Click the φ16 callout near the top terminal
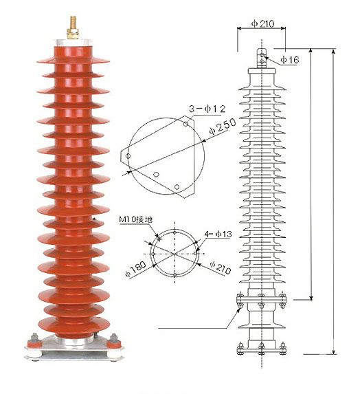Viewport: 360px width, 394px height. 292,61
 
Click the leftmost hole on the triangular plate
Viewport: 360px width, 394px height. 128,157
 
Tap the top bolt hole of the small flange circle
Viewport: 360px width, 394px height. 175,232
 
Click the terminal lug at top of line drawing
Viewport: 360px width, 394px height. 262,57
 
